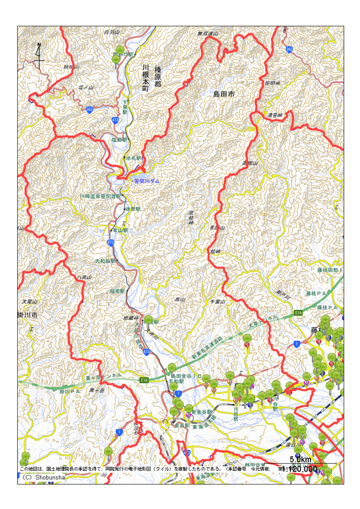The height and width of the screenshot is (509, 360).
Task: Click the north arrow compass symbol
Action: click(x=39, y=56)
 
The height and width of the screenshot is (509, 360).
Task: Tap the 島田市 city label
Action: click(x=224, y=94)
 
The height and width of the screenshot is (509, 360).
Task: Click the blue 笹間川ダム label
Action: click(x=147, y=180)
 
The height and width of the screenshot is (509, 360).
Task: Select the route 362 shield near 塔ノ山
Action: click(x=90, y=110)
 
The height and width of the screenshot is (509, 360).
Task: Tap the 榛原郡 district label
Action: click(x=158, y=79)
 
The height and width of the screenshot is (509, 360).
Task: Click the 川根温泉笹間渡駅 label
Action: click(x=100, y=196)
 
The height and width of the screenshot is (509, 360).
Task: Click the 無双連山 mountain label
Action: click(x=207, y=34)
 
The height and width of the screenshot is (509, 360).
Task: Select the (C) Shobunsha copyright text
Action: click(x=45, y=477)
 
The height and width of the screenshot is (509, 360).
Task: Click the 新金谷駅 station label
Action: click(x=201, y=412)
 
